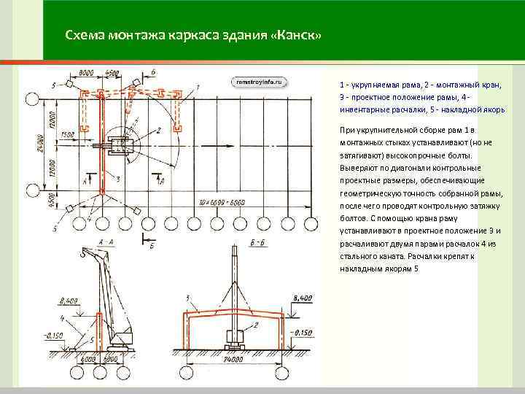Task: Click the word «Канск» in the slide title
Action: tap(297, 36)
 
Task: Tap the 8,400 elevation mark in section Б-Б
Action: tap(301, 298)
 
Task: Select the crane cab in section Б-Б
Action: tap(236, 338)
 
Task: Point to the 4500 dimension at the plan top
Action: tap(112, 73)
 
